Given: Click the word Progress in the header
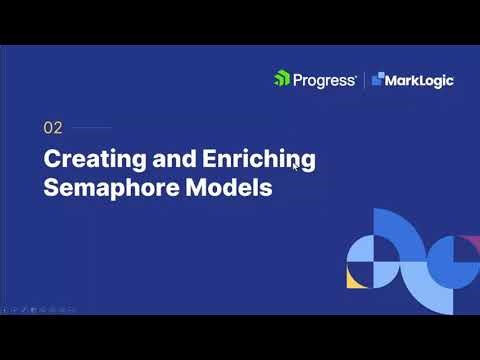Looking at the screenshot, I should coord(323,79).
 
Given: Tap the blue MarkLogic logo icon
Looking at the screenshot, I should coord(378,79).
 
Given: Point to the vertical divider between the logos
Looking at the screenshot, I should coord(364,79).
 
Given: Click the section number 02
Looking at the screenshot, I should coord(53,128).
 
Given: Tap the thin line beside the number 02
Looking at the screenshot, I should coord(93,128).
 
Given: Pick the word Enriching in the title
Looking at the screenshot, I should coord(257,160).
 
